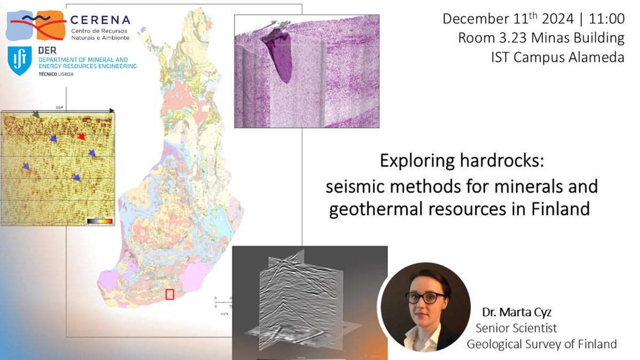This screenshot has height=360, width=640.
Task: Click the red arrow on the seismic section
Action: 81,137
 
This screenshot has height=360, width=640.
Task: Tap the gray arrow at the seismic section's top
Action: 36,114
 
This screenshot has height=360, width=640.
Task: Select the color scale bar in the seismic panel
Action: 100,220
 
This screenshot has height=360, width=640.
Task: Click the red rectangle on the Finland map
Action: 170,294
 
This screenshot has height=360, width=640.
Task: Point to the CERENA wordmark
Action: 100,20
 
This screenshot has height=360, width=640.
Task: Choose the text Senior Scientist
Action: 516,328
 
